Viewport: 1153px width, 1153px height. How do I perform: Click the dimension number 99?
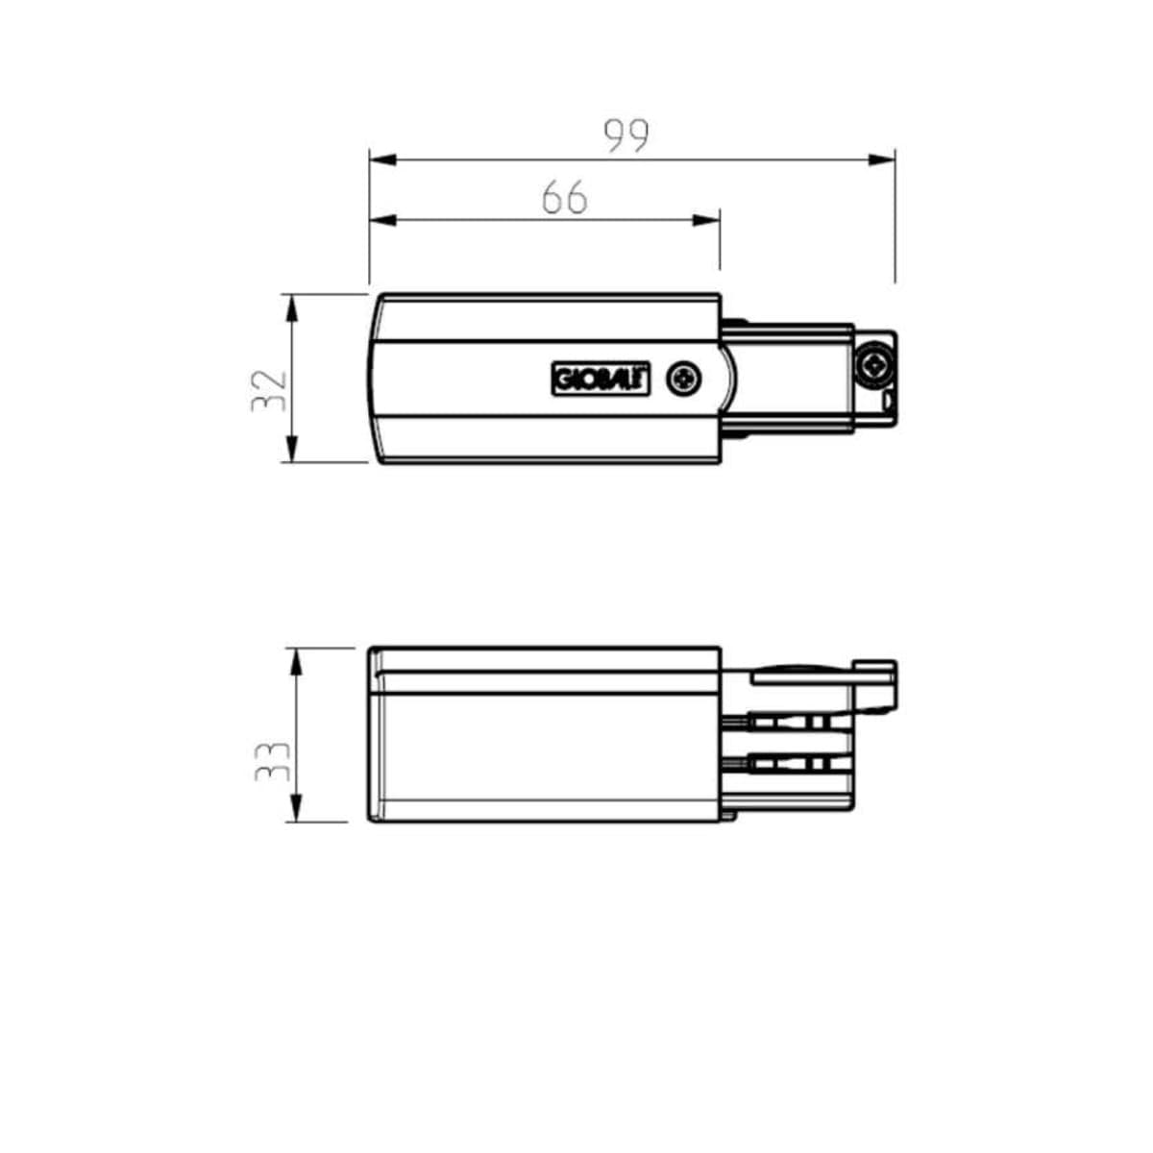[626, 135]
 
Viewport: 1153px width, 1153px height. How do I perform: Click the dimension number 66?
[564, 197]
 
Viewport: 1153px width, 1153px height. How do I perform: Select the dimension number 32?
[269, 391]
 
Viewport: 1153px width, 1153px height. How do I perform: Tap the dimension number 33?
[272, 761]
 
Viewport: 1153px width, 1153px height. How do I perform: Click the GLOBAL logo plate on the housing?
[601, 379]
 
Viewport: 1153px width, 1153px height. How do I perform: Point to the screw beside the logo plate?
[684, 379]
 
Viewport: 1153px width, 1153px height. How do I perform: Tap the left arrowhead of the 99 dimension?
[383, 159]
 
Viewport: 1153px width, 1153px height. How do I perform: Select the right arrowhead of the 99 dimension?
[881, 159]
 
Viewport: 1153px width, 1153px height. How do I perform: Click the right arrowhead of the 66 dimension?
[705, 220]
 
